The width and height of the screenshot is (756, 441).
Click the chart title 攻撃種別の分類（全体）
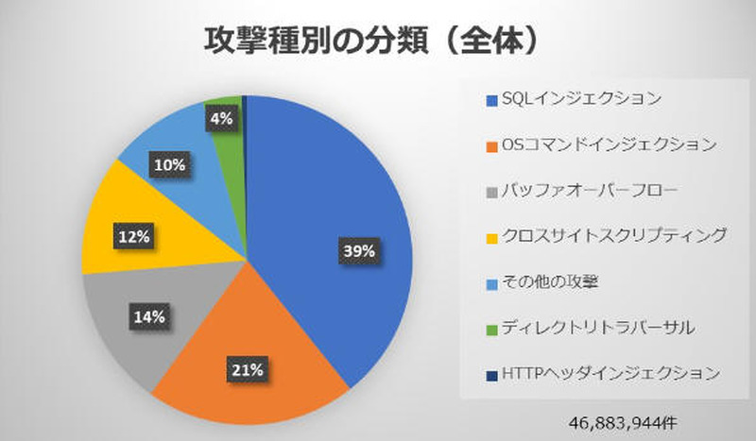click(377, 41)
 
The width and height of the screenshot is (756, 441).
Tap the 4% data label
click(220, 119)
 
